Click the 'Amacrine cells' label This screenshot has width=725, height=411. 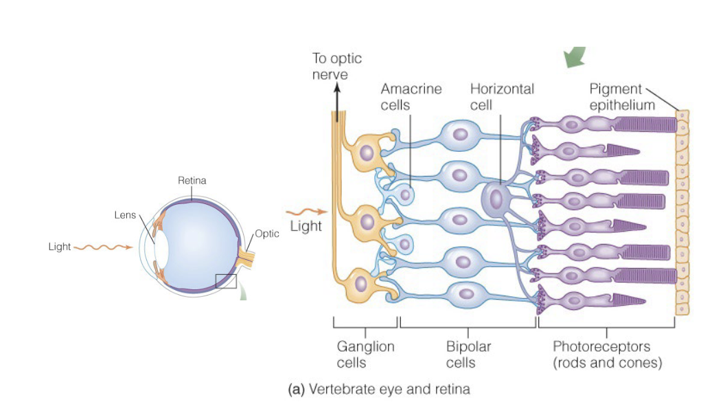pyautogui.click(x=411, y=97)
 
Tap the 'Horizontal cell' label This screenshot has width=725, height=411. pyautogui.click(x=502, y=97)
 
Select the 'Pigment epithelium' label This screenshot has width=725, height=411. pyautogui.click(x=622, y=97)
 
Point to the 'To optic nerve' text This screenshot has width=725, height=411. pyautogui.click(x=336, y=67)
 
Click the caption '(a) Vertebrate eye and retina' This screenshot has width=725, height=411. pyautogui.click(x=379, y=390)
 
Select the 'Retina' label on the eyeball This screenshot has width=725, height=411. pyautogui.click(x=192, y=181)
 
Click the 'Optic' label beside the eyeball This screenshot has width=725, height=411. pyautogui.click(x=267, y=234)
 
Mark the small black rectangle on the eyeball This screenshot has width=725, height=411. pyautogui.click(x=225, y=281)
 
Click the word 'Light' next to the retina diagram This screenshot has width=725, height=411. pyautogui.click(x=306, y=226)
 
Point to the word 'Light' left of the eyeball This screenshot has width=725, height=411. pyautogui.click(x=60, y=247)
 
